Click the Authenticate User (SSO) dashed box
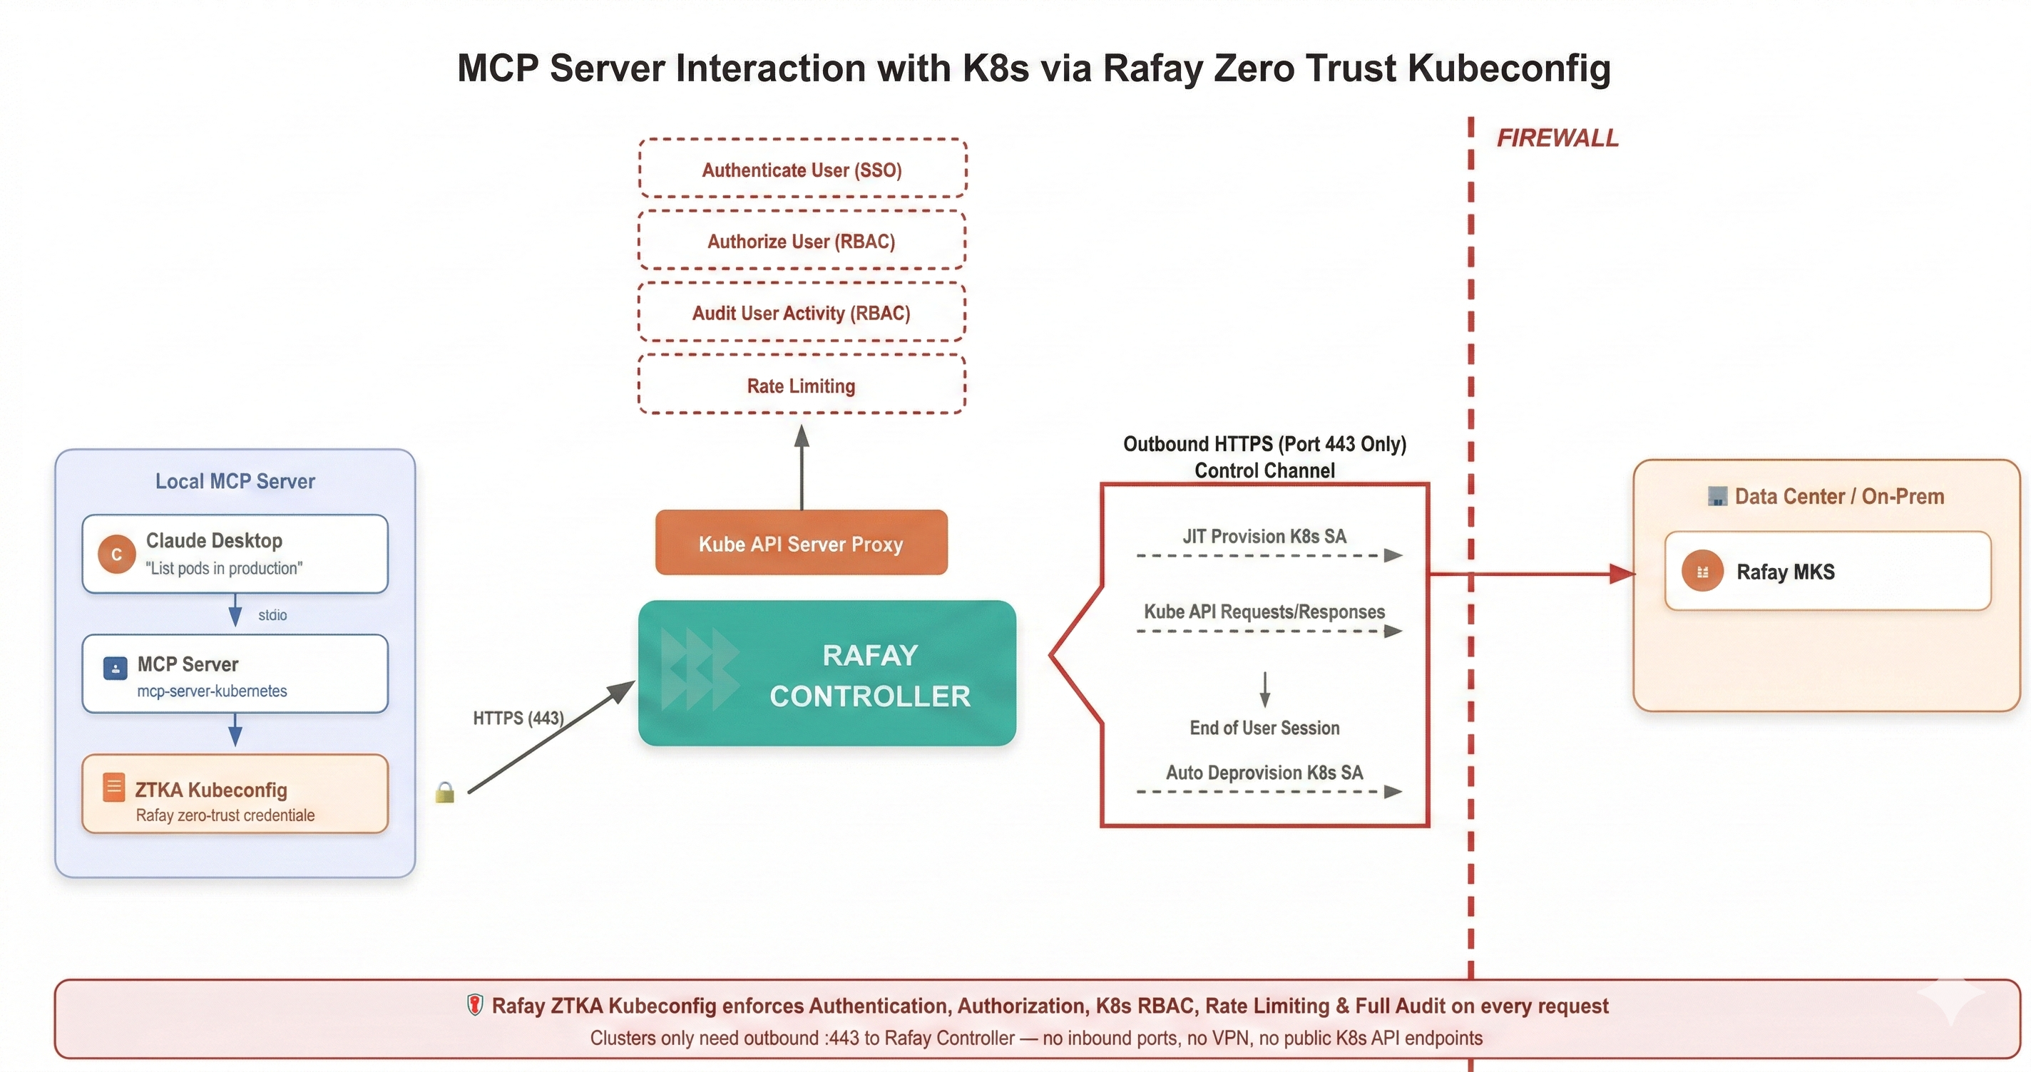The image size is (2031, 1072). point(802,169)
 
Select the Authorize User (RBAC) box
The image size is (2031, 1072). point(802,240)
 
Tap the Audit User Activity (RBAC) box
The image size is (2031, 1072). point(802,312)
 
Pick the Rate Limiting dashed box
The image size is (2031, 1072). point(802,385)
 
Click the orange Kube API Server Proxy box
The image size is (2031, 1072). point(801,543)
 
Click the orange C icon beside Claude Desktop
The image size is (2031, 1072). point(116,554)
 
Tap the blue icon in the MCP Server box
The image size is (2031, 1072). point(115,669)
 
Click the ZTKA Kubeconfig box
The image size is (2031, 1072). point(235,794)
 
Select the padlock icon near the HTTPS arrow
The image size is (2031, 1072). point(445,792)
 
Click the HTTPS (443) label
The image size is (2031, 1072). point(518,718)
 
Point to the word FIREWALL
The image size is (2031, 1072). point(1557,138)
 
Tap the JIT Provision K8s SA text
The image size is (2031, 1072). point(1264,537)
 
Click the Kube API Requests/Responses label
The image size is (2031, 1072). point(1264,612)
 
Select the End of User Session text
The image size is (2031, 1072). point(1264,728)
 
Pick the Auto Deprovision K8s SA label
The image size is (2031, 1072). point(1264,773)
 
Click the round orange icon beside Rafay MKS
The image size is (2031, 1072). point(1702,572)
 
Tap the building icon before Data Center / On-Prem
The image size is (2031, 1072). point(1717,497)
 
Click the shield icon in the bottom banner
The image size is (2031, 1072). point(475,1005)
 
